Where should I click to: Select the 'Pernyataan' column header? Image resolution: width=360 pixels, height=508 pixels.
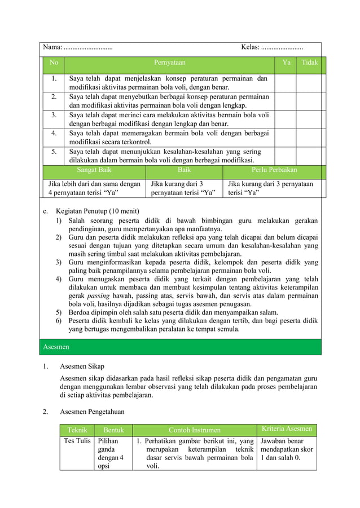point(169,63)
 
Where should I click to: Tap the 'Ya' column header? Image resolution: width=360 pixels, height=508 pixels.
point(286,63)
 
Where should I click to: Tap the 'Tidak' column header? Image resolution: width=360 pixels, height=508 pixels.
point(309,63)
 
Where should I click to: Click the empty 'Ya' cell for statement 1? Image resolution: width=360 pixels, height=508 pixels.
point(286,83)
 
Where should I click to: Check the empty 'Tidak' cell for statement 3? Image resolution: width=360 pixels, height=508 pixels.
point(309,119)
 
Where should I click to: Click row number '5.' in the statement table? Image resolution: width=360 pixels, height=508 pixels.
point(54,151)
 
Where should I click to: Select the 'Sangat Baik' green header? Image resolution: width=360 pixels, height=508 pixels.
point(94,169)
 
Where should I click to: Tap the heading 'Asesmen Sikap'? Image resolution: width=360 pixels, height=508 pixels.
point(82,366)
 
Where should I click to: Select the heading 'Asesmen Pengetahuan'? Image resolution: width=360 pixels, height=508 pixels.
point(92,412)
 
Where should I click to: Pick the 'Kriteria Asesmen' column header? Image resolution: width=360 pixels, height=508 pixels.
point(286,430)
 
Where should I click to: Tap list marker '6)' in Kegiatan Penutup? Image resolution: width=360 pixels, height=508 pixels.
point(58,321)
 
